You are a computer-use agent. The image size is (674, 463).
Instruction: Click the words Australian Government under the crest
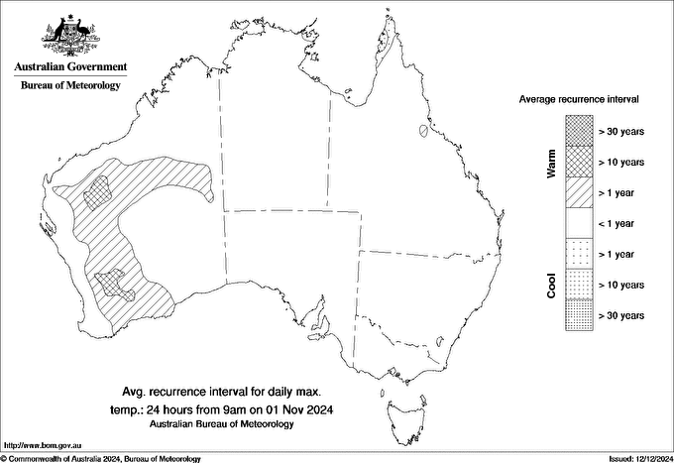[70, 67]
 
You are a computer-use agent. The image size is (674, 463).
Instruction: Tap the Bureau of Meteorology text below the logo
[70, 86]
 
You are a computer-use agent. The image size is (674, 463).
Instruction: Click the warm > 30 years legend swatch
[580, 129]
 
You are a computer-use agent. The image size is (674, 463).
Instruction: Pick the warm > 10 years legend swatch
[580, 161]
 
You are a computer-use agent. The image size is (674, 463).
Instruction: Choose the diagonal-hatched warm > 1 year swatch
[580, 191]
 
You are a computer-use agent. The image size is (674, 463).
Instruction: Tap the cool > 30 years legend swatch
[580, 314]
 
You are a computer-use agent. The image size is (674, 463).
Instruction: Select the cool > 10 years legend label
[622, 285]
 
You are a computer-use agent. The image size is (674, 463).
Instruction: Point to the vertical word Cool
[551, 286]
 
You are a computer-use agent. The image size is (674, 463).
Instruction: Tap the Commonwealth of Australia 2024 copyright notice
[101, 458]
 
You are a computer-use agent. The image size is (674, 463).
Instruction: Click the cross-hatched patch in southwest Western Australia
[112, 286]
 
